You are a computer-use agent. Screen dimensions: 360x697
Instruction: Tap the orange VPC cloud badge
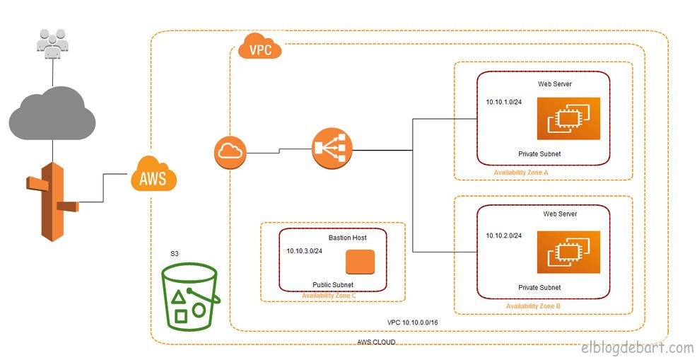click(259, 47)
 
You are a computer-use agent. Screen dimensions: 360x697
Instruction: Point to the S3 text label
click(175, 253)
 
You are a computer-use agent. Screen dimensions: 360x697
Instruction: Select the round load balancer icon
click(332, 149)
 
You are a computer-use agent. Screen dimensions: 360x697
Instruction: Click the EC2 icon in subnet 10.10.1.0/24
click(568, 118)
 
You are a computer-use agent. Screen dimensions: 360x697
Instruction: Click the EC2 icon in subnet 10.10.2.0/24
click(568, 252)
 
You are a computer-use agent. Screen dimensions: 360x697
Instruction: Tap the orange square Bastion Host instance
click(359, 262)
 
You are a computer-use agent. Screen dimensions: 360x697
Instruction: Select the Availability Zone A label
click(521, 172)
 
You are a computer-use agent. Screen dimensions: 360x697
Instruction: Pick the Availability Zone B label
click(533, 306)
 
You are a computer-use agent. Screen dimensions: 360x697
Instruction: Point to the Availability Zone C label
click(329, 296)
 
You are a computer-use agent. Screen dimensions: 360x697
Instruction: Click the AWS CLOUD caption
click(376, 342)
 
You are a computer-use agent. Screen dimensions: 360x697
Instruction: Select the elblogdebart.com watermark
click(637, 347)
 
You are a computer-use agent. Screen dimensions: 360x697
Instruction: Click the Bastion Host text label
click(347, 238)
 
